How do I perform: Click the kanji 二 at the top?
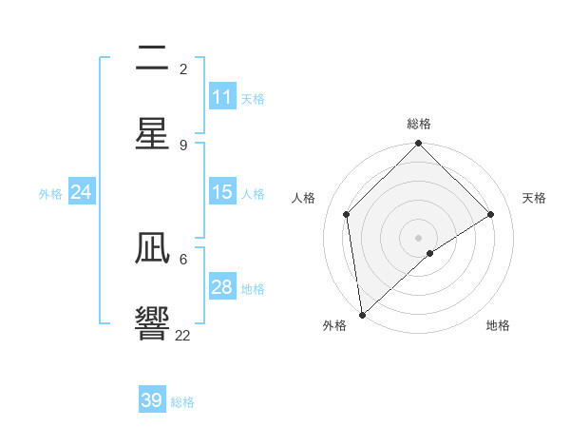click(152, 59)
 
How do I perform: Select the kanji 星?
click(152, 134)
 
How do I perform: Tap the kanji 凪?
click(152, 250)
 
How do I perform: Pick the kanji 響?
click(152, 324)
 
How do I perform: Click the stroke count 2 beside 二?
click(183, 68)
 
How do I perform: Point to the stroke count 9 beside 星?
click(183, 145)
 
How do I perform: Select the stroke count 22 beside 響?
click(183, 336)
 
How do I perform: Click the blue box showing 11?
click(222, 97)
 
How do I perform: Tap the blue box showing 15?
click(222, 192)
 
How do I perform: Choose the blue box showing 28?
click(222, 287)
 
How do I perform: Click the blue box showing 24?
click(82, 192)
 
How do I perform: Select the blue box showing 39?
click(152, 400)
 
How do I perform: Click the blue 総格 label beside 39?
click(182, 402)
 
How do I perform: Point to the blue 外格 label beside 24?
click(50, 194)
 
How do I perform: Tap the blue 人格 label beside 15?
click(253, 194)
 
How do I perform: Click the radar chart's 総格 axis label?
click(419, 124)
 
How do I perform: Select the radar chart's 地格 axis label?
click(498, 325)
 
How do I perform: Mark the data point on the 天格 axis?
click(491, 214)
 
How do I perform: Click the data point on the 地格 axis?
click(430, 253)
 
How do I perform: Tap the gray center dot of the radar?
click(419, 238)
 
